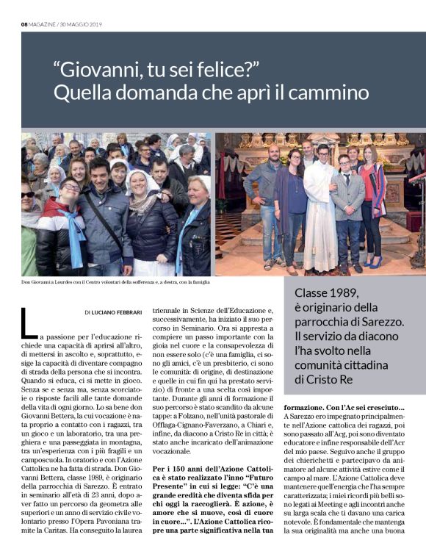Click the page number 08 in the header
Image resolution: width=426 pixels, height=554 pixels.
[24, 24]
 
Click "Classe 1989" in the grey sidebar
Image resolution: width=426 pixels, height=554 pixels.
[331, 292]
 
